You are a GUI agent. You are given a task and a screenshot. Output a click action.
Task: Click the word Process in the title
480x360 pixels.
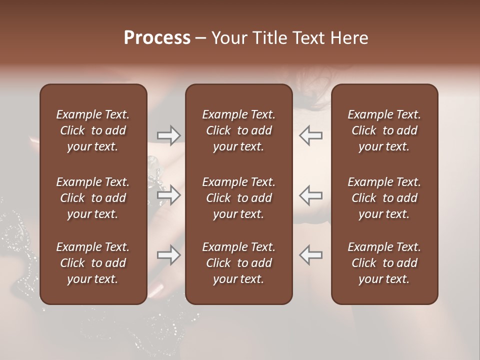[x=157, y=38]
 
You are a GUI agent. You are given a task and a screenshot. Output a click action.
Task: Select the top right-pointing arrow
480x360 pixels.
[x=168, y=135]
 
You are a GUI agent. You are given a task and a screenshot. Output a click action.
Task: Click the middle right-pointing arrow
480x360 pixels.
[x=168, y=195]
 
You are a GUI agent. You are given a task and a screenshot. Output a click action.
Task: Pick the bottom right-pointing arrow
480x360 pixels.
[x=168, y=255]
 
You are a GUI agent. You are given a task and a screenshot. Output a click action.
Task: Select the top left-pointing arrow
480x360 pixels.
[x=311, y=135]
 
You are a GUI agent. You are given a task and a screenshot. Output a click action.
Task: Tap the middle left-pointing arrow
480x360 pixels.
[x=311, y=195]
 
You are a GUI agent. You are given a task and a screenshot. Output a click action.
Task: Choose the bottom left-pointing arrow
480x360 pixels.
[x=311, y=255]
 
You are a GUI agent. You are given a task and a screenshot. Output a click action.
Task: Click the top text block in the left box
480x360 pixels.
[x=93, y=130]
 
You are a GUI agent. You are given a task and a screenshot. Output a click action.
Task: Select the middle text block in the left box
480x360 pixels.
[x=93, y=198]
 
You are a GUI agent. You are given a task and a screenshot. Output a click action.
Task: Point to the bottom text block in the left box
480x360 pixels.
[x=93, y=263]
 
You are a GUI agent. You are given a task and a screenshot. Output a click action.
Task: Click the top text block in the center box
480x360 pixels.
[x=238, y=130]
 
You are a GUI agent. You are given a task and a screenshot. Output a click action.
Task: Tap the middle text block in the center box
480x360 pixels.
[x=238, y=198]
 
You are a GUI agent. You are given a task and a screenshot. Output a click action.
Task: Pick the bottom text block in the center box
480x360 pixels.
[x=238, y=263]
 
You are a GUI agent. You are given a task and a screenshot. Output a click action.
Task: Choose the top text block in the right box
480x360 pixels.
[x=384, y=130]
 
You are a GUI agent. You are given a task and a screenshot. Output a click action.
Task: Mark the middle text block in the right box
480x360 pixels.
[x=384, y=198]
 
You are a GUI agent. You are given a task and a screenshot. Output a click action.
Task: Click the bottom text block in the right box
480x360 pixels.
[x=384, y=263]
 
